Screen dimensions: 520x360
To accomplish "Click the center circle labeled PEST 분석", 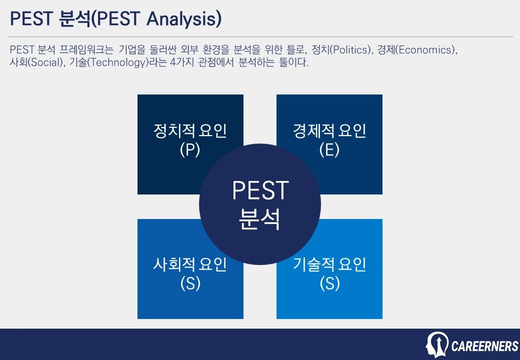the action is click(260, 204).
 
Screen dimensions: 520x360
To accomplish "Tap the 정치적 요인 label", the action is click(190, 130).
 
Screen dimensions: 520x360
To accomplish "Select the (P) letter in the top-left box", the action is click(190, 149).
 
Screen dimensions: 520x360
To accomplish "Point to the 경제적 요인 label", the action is click(329, 130).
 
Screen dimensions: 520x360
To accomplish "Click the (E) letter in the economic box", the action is click(329, 149).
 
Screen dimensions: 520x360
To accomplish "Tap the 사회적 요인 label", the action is click(190, 264).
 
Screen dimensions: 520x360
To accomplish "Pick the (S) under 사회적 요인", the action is click(190, 283).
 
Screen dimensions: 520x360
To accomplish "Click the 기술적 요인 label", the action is click(329, 264).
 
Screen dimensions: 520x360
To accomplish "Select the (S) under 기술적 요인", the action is click(329, 283).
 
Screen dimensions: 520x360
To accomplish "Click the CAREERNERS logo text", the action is click(485, 346).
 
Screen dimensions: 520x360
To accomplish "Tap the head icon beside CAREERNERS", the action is click(437, 345).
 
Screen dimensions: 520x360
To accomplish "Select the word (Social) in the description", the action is click(45, 62).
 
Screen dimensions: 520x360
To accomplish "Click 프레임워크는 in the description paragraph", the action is click(86, 49).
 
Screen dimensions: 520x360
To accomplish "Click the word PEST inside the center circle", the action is click(260, 190).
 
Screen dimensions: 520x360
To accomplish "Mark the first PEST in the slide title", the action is click(31, 18).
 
